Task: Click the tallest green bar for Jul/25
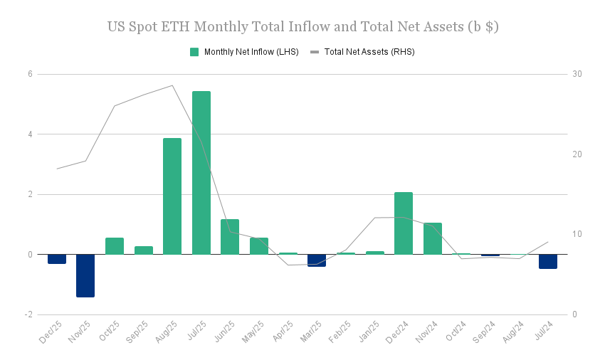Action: click(201, 173)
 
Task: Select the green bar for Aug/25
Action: click(172, 196)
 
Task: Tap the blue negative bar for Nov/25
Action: click(85, 275)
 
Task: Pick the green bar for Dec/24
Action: click(404, 223)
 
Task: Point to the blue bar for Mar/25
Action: click(317, 260)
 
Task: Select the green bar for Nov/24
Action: click(433, 238)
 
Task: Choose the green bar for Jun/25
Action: click(230, 237)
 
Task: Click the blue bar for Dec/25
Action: click(57, 259)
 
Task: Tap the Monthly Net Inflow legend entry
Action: click(244, 52)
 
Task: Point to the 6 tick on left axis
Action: click(30, 74)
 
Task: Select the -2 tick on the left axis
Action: click(28, 314)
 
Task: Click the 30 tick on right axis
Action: click(577, 74)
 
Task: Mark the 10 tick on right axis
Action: click(577, 234)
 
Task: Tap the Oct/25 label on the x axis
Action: click(111, 333)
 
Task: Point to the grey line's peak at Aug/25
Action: click(172, 85)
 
